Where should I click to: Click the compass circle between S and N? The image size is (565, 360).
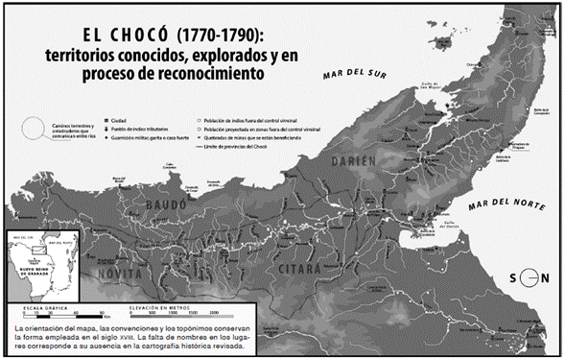tap(526, 278)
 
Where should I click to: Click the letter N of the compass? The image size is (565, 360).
tap(545, 278)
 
